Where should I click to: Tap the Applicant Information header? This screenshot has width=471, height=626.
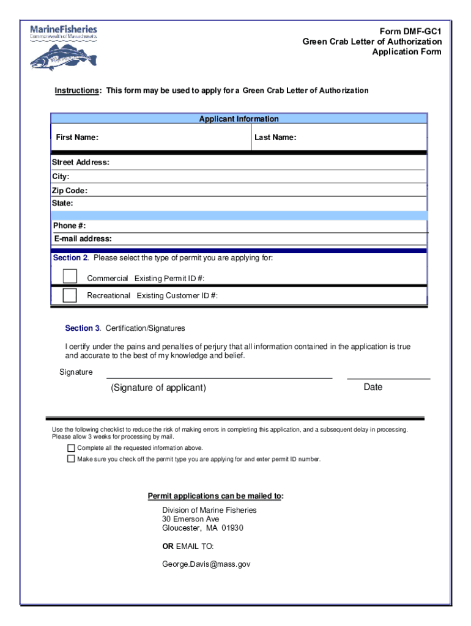239,119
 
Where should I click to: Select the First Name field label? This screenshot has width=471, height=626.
77,138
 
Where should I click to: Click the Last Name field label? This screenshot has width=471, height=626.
275,138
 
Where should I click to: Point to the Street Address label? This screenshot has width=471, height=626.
81,163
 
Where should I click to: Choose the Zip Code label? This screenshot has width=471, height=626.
70,191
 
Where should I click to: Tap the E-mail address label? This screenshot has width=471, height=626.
83,238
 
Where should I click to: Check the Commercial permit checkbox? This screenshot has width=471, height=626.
70,276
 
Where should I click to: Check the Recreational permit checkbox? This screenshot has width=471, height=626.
70,295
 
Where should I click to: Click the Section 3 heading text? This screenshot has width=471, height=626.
83,328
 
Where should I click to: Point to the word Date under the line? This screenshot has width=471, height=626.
373,387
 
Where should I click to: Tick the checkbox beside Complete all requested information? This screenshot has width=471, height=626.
71,448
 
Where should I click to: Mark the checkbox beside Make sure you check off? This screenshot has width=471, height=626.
71,458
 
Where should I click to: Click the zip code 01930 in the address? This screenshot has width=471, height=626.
232,528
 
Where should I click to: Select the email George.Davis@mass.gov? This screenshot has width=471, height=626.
206,565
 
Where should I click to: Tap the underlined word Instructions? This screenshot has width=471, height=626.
77,90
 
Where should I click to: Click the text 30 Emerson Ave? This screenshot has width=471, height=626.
190,519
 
